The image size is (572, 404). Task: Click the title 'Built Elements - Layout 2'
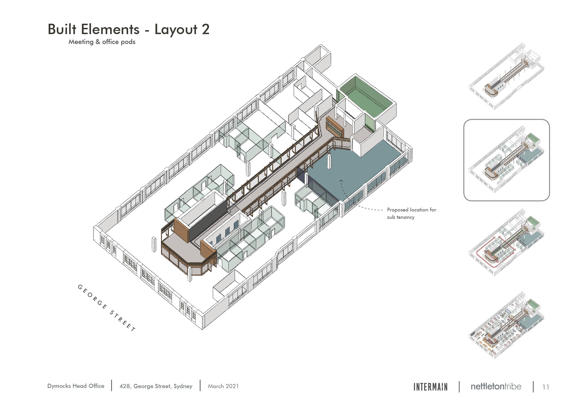point(128,29)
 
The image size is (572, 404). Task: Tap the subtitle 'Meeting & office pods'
point(102,42)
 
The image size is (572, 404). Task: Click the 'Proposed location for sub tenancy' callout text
point(411,213)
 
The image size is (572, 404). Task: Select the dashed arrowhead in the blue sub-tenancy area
point(341,181)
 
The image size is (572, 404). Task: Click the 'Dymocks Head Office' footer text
point(76,386)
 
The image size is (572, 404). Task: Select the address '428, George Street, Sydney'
point(156,386)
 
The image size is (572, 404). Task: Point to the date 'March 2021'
point(223,386)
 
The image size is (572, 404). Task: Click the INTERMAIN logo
point(430,387)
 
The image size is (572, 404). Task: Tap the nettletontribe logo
point(496,386)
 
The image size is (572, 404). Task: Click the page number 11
point(545,387)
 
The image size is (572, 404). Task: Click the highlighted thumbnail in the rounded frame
point(506,160)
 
